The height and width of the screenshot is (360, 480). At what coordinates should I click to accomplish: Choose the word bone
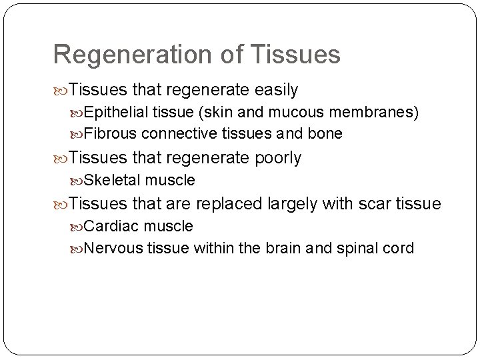[x=326, y=134]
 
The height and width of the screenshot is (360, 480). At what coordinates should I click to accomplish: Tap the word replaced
[x=229, y=203]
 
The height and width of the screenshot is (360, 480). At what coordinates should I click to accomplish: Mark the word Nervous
[x=112, y=249]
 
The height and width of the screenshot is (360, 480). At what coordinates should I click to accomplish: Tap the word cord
[x=399, y=249]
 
